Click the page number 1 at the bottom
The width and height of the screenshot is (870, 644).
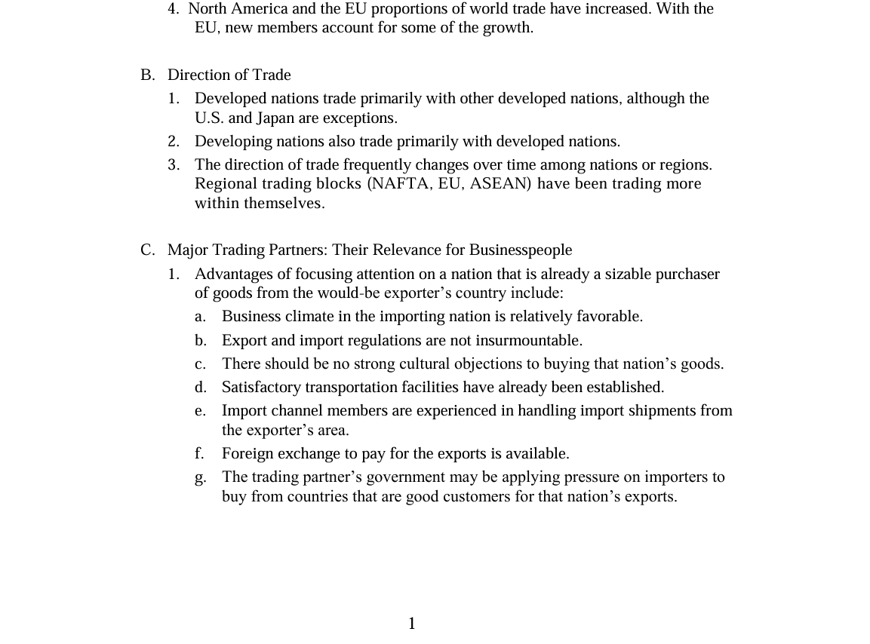[x=412, y=624]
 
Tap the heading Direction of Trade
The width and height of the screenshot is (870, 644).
[x=229, y=75]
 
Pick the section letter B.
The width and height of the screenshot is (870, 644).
[x=147, y=75]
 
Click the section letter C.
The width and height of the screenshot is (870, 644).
[x=147, y=250]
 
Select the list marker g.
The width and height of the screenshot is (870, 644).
[x=200, y=477]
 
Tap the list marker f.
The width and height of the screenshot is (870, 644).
[x=200, y=454]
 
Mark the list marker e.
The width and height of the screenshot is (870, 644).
[x=200, y=411]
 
